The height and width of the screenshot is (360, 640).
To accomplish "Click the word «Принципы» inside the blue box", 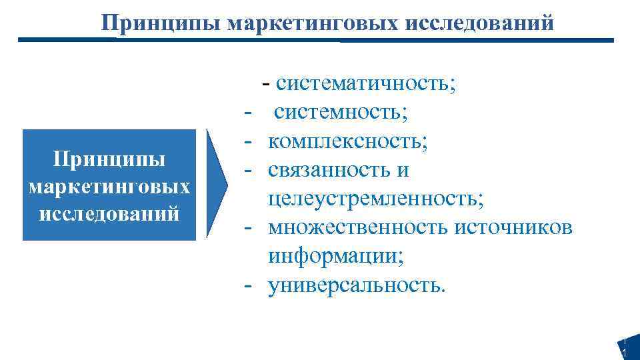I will (109, 161).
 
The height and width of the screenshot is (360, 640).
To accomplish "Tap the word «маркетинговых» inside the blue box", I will (110, 187).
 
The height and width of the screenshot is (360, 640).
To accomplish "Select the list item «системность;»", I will (340, 113).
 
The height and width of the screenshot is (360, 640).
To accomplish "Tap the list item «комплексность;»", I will (348, 141).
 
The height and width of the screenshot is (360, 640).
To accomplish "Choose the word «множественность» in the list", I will (359, 227).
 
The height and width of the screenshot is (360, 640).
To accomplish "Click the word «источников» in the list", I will (513, 227).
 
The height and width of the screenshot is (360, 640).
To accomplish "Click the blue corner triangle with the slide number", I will (630, 349).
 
